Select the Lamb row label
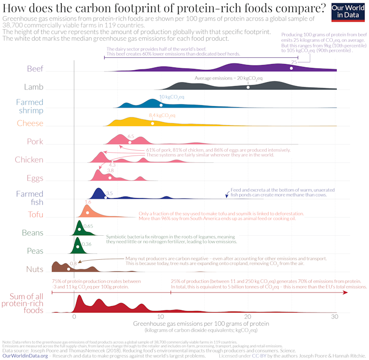point(33,87)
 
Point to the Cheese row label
point(30,123)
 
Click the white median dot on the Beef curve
point(291,68)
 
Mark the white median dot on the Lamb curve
point(248,87)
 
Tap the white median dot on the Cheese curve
point(153,123)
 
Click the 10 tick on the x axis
point(161,317)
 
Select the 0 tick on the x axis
point(74,317)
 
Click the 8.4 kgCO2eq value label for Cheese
point(161,115)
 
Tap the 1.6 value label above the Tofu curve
point(88,202)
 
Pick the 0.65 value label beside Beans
point(88,226)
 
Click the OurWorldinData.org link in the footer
point(25,356)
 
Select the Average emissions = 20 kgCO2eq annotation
point(229,78)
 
